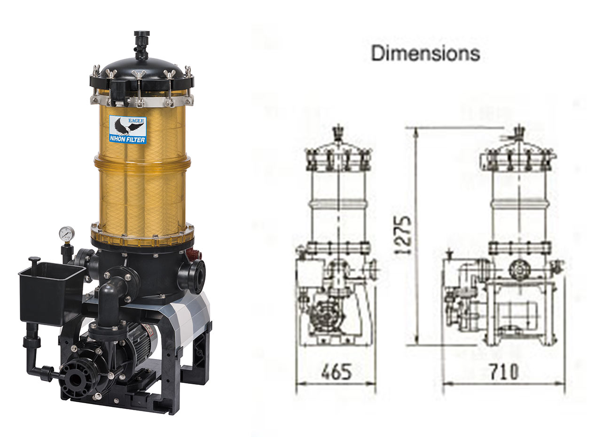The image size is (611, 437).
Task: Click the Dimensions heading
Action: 425,54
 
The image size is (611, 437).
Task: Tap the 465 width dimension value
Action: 336,372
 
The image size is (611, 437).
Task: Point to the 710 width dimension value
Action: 503,372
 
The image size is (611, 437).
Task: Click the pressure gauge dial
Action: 67,234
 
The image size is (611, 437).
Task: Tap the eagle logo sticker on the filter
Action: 128,129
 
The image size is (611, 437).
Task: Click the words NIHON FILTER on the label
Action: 127,140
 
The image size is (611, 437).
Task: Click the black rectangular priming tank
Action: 51,294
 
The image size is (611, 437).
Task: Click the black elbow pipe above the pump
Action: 109,300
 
